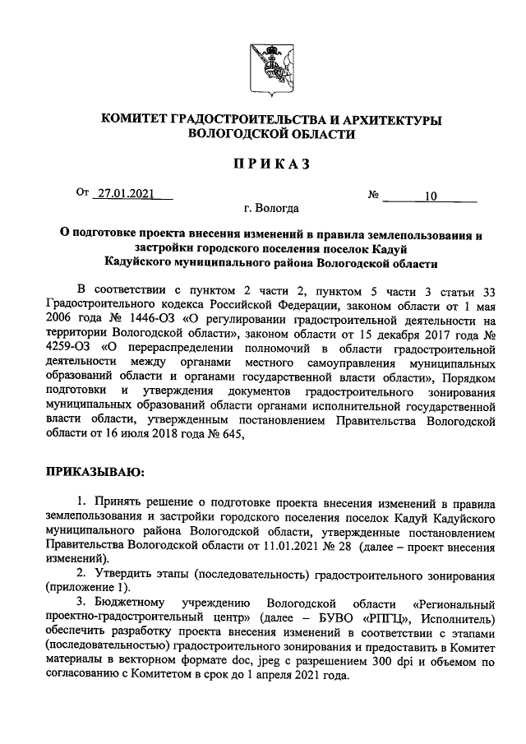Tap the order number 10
tap(431, 196)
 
